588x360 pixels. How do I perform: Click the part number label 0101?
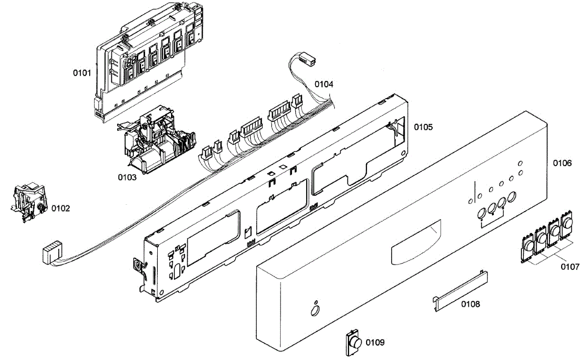82,73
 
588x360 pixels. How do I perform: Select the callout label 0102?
61,208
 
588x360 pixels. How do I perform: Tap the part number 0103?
127,177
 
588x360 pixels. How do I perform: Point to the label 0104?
324,84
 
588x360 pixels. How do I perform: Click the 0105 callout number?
423,127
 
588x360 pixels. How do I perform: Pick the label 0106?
562,163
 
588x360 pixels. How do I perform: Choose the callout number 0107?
570,267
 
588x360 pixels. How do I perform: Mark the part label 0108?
470,304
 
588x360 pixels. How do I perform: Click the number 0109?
375,342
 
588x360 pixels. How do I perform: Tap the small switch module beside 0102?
28,203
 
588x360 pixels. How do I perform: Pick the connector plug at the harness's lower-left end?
52,254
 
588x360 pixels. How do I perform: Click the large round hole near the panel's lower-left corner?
314,312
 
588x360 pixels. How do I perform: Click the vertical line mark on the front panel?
474,191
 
